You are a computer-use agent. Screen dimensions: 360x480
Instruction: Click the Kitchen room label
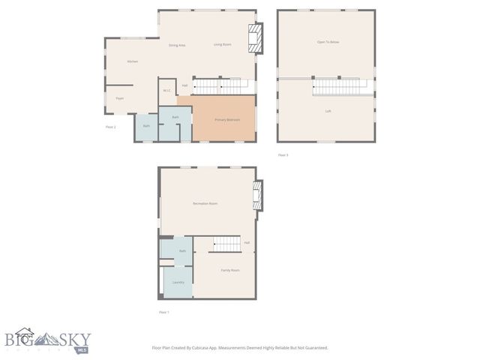tap(132, 61)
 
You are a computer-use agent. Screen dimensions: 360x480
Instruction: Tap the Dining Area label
tap(177, 46)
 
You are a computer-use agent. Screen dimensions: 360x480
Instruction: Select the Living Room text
tap(222, 45)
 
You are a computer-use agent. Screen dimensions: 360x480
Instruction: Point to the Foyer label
tap(119, 98)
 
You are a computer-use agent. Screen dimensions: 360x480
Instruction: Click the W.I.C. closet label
tap(167, 91)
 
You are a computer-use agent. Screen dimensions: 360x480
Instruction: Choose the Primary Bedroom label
tap(227, 119)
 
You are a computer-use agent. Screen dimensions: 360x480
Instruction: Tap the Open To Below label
tap(328, 42)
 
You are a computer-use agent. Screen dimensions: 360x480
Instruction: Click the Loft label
tap(328, 111)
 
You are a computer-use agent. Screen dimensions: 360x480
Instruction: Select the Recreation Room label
tap(205, 204)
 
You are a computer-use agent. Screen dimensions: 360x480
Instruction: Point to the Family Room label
tap(229, 270)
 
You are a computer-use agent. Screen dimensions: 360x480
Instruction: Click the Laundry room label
tap(178, 282)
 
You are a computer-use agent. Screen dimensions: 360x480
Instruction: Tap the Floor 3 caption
tap(283, 155)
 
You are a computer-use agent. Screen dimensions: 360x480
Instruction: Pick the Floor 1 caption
tap(163, 312)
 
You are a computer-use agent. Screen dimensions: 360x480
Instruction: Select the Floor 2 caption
tap(111, 127)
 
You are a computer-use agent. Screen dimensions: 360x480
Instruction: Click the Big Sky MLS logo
tap(46, 342)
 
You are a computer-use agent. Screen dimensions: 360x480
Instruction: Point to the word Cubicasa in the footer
tap(214, 348)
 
